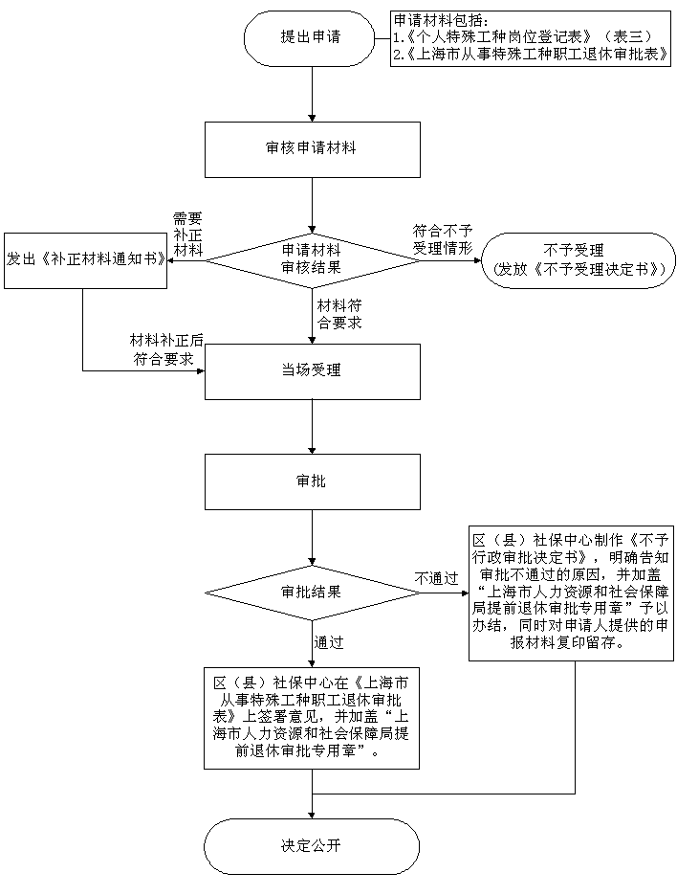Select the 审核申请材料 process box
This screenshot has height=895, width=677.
tap(312, 149)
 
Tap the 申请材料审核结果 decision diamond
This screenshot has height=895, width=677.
tap(312, 258)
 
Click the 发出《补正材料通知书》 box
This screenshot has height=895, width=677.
tap(85, 259)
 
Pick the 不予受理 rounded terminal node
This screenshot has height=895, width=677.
tap(578, 260)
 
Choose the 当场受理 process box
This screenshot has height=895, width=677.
tap(312, 371)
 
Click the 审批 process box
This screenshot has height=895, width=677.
tap(312, 481)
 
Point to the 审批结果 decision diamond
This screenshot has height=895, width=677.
tap(312, 592)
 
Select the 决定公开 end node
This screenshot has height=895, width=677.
tap(312, 846)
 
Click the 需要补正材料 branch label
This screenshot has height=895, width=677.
tap(187, 235)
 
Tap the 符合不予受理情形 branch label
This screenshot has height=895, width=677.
tap(443, 239)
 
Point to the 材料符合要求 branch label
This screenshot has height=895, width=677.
tap(339, 314)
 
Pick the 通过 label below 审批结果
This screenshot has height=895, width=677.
tap(330, 642)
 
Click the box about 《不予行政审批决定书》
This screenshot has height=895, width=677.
tap(570, 593)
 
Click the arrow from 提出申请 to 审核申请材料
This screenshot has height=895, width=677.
tap(312, 96)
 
